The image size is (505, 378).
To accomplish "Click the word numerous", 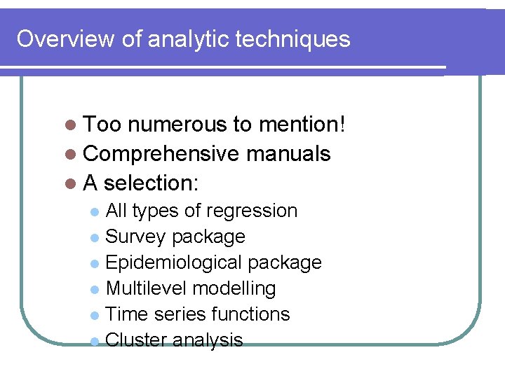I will (177, 125).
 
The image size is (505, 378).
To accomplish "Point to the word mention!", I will (302, 125).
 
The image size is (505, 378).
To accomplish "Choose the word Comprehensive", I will (161, 154).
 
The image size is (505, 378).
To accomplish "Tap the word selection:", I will (151, 183).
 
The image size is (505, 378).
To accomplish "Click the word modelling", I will (234, 288).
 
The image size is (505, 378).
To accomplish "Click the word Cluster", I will (136, 340).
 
